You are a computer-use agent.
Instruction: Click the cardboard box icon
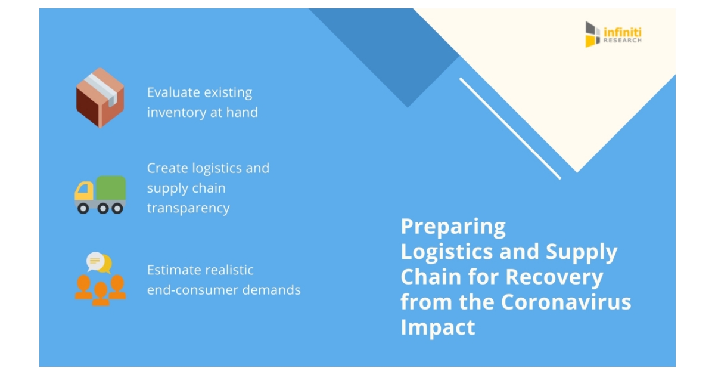[100, 97]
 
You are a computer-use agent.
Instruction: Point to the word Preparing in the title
[453, 227]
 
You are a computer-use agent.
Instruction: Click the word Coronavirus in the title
[565, 302]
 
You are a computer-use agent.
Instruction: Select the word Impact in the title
[438, 327]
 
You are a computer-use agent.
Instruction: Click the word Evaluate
[173, 92]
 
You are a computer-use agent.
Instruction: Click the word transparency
[188, 208]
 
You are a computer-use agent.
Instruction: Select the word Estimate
[175, 270]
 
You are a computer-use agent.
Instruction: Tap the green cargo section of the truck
[111, 188]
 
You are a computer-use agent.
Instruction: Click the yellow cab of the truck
[84, 191]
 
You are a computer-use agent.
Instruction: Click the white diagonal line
[510, 128]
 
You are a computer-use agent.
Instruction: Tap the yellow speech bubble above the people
[106, 263]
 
